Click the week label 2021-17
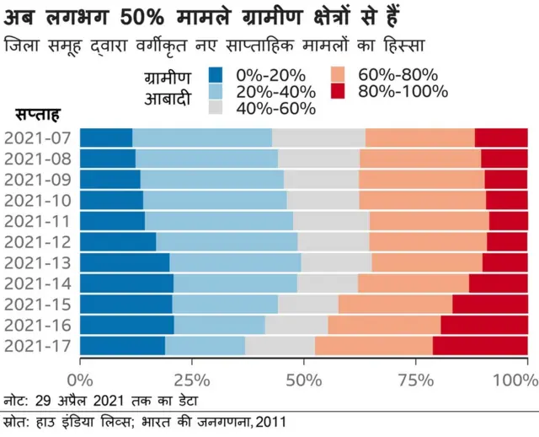pyautogui.click(x=39, y=345)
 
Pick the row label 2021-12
pyautogui.click(x=39, y=241)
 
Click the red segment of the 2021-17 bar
pyautogui.click(x=479, y=345)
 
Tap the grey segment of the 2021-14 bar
pyautogui.click(x=327, y=283)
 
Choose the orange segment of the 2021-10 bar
pyautogui.click(x=422, y=200)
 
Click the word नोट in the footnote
pyautogui.click(x=15, y=398)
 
